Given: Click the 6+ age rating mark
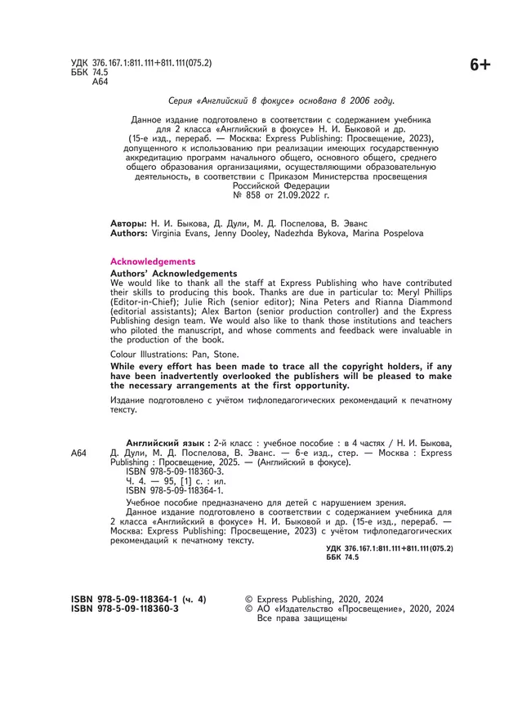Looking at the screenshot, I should tap(480, 65).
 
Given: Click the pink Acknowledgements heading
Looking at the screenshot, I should tap(153, 261).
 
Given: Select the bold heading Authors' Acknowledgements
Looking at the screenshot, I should tap(173, 274).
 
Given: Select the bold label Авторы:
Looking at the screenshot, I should tap(128, 223).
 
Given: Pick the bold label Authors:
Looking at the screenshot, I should tap(129, 233).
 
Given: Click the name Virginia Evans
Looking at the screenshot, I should tap(181, 233).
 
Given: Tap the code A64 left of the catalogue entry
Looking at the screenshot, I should tap(78, 453).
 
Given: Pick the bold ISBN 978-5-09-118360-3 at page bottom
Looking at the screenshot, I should tap(125, 609).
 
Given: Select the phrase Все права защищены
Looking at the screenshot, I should tap(302, 618).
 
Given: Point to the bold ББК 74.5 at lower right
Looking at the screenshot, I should tap(342, 556).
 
